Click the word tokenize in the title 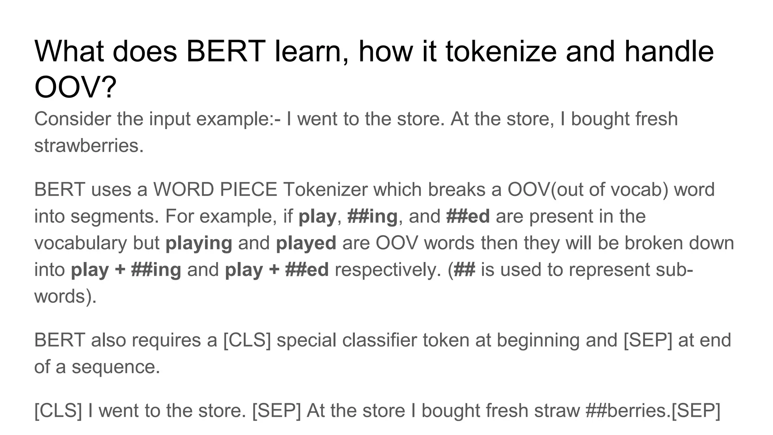pos(501,52)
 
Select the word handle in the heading pos(669,52)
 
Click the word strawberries pos(89,146)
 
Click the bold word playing pos(199,243)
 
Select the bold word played pos(306,243)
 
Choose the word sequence pos(116,367)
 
